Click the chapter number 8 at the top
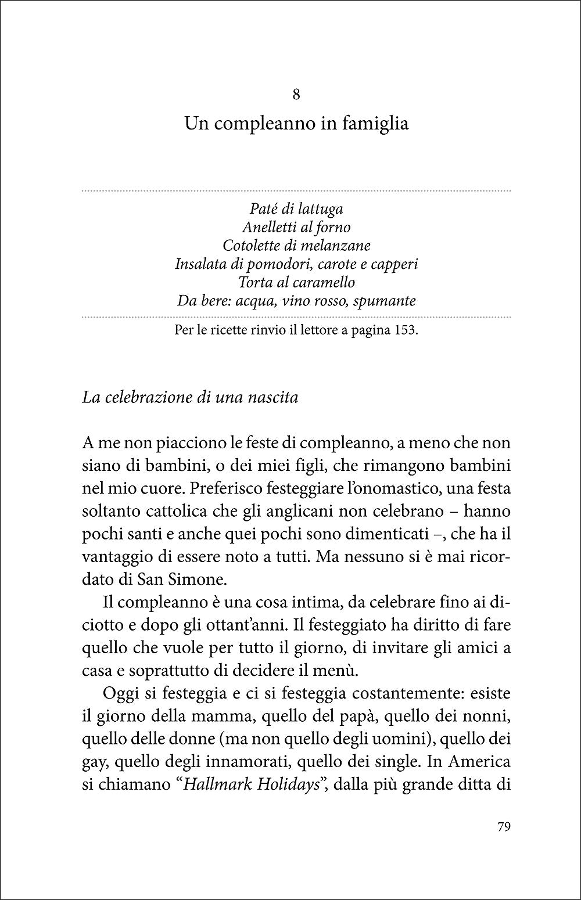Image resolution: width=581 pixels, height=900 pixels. pos(296,95)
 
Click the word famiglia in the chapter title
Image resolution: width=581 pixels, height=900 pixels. pos(375,124)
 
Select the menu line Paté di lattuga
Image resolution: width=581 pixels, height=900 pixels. pos(296,208)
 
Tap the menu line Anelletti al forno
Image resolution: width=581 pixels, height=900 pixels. pos(296,227)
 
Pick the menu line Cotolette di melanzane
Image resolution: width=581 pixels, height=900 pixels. pos(296,246)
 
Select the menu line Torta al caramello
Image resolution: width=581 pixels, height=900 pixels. pos(296,283)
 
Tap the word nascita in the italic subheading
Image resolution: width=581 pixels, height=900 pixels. pos(272,398)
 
